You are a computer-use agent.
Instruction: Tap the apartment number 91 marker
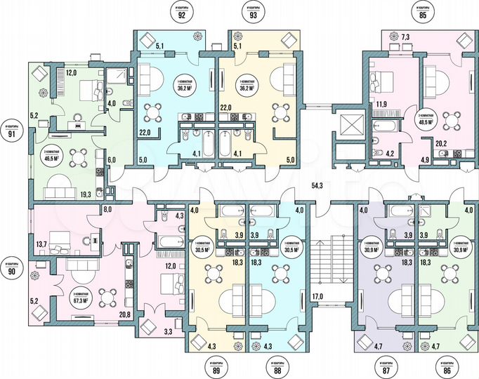tap(10, 134)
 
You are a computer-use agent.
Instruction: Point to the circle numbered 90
tap(10, 271)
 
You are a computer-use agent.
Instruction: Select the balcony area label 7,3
tap(406, 36)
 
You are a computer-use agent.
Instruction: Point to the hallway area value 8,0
tap(108, 210)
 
